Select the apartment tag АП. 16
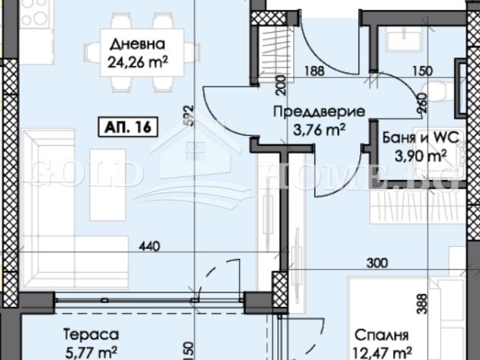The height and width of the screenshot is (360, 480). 127,127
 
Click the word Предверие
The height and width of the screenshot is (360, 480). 318,112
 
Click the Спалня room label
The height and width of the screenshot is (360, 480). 382,335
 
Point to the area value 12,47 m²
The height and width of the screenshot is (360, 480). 381,351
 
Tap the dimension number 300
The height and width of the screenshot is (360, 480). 376,264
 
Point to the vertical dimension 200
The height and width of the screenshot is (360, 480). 281,84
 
